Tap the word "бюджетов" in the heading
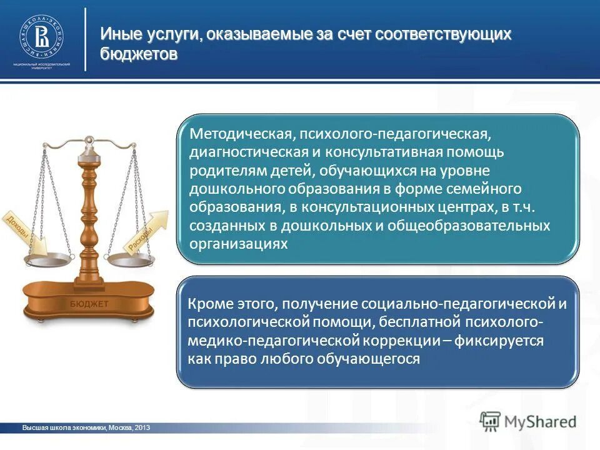point(139,54)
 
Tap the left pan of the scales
point(47,257)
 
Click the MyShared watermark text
point(539,421)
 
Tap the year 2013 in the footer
point(141,427)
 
